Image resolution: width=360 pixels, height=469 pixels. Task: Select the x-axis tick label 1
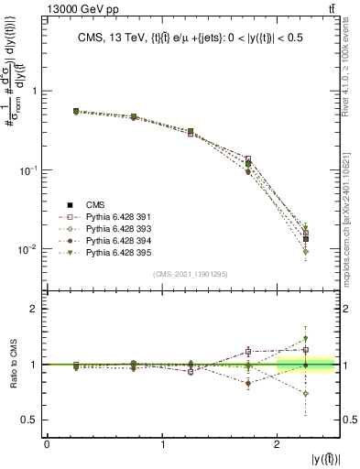[163, 444]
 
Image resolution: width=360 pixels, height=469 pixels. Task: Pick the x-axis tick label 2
[278, 444]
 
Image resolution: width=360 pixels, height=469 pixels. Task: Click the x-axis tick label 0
[48, 444]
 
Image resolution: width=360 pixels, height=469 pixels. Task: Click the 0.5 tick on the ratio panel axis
[29, 420]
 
